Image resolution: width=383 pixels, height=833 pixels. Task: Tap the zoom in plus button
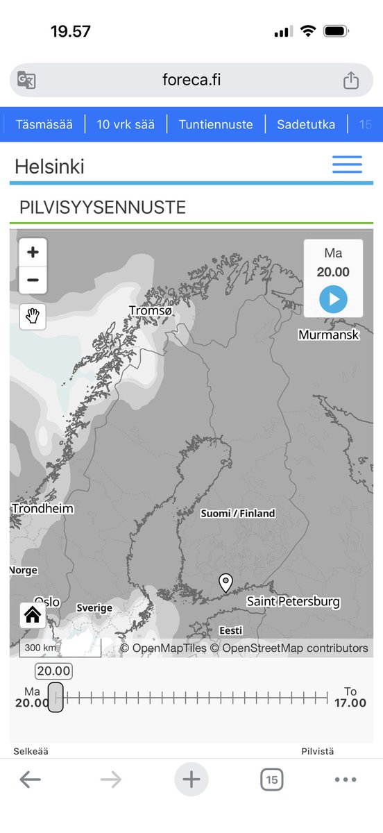(x=33, y=253)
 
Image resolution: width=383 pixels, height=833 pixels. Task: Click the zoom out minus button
(x=33, y=280)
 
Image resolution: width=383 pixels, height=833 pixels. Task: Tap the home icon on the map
(x=33, y=615)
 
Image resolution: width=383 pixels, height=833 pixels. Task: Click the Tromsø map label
(x=151, y=310)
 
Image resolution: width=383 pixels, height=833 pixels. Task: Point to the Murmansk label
(x=329, y=335)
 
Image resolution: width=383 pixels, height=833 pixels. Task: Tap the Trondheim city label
(x=42, y=509)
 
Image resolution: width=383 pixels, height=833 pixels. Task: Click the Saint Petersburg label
(x=293, y=601)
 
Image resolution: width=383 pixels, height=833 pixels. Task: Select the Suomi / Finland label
(x=238, y=514)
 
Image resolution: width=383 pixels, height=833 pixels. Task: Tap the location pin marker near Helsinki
(x=225, y=582)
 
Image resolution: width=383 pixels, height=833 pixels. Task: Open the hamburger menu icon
(x=347, y=165)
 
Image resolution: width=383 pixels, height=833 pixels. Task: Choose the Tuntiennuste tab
(x=216, y=125)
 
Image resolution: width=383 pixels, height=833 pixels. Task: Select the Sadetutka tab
(x=306, y=125)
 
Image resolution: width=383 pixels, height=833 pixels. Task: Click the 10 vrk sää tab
(x=126, y=125)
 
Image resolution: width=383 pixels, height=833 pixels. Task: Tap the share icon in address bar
(x=351, y=81)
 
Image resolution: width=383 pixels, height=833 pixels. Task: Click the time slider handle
(x=56, y=696)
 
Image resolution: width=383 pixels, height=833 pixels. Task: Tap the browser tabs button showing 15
(x=272, y=780)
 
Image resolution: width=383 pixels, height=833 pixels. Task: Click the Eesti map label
(x=231, y=630)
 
